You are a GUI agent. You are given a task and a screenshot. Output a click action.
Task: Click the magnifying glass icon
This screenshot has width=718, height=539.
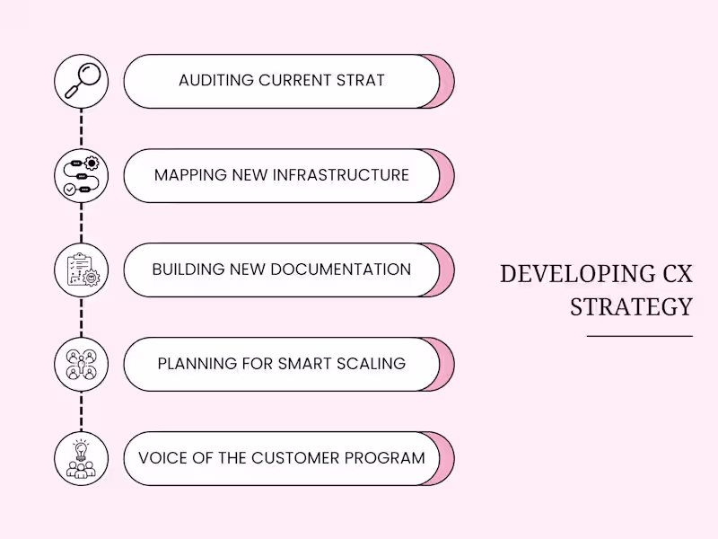click(x=81, y=81)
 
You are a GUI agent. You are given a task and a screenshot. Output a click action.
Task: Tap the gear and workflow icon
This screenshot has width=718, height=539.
click(x=81, y=175)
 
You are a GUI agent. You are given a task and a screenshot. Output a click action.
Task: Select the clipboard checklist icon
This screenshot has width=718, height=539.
click(x=81, y=269)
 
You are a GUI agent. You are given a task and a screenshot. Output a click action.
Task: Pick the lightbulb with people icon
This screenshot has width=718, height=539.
click(x=81, y=458)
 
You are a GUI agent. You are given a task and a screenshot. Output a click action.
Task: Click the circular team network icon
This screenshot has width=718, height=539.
click(x=81, y=364)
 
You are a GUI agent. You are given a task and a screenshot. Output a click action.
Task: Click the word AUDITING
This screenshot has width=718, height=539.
click(x=215, y=81)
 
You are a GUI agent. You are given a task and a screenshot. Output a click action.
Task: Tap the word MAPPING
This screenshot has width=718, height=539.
click(x=188, y=175)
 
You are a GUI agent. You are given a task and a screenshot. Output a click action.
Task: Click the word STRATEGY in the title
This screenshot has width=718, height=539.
click(x=631, y=306)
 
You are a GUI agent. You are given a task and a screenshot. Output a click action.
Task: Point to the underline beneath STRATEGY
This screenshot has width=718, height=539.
click(x=639, y=336)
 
